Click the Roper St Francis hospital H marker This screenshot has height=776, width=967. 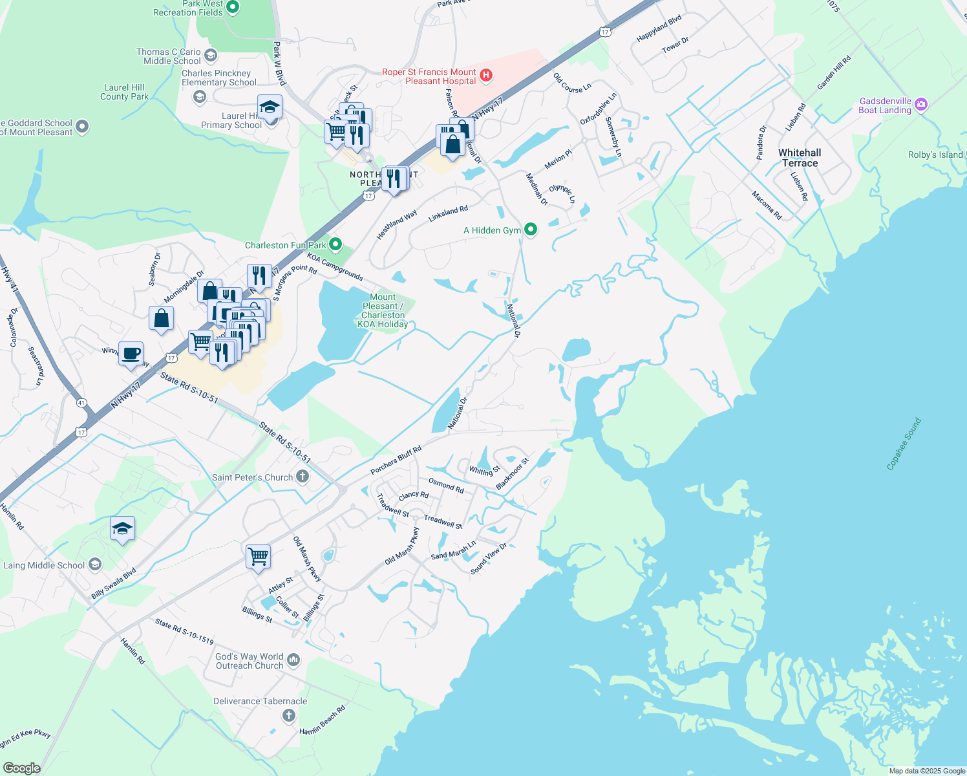click(x=487, y=76)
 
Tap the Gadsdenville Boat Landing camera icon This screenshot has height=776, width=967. click(x=921, y=104)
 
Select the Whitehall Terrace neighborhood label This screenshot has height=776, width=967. click(x=800, y=158)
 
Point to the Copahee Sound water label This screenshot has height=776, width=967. click(x=904, y=444)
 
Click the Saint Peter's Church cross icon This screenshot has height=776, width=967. click(x=302, y=477)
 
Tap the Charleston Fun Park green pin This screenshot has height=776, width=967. click(x=335, y=244)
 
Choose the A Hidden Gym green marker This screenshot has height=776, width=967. click(x=531, y=230)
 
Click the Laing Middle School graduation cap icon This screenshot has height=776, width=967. click(x=95, y=565)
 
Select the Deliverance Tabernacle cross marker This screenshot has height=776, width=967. click(x=289, y=715)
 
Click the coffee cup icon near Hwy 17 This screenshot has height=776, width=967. click(x=131, y=354)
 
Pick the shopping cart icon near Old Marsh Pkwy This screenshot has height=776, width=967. click(x=258, y=556)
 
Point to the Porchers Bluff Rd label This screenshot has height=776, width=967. click(x=396, y=460)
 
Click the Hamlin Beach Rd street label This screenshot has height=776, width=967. click(x=323, y=720)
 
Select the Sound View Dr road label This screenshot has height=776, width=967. click(x=489, y=559)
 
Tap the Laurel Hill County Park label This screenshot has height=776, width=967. click(x=124, y=92)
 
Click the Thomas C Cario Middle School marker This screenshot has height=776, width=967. click(x=210, y=56)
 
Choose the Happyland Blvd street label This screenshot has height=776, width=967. click(x=659, y=29)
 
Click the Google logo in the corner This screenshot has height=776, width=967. click(x=21, y=768)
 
